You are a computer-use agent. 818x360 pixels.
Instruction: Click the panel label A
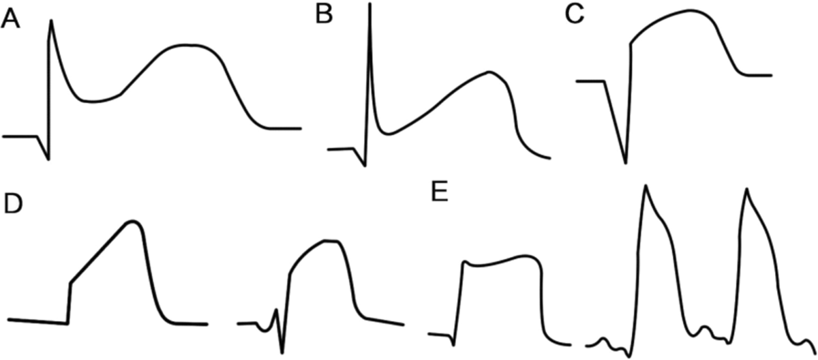point(10,22)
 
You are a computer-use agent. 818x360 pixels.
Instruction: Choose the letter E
point(440,194)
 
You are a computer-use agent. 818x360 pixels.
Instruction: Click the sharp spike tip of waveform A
point(51,20)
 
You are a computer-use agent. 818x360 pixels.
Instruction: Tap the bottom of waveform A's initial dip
point(48,160)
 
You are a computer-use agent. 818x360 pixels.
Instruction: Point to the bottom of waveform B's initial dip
point(365,165)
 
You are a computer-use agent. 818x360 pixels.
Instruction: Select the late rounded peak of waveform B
point(488,72)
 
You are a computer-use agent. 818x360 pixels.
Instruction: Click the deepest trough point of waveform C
point(626,164)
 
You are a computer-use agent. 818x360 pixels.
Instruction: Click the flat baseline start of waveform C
point(590,80)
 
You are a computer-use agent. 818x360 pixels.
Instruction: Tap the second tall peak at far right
point(748,189)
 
